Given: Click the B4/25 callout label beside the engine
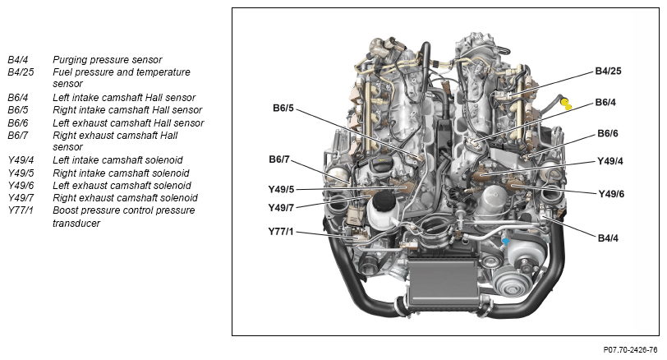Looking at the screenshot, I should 608,72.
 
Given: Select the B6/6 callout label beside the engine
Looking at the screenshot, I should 608,133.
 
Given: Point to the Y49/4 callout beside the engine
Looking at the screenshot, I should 610,160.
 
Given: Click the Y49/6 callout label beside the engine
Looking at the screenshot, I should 610,194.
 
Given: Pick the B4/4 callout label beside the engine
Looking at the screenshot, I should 608,238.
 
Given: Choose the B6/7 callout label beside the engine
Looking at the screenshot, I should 279,159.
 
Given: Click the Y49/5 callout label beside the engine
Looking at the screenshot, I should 281,190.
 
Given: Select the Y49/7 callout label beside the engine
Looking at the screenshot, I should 281,207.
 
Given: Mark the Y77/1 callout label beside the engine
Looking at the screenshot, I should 281,232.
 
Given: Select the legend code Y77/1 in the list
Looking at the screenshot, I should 21,210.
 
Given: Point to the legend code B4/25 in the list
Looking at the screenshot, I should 21,72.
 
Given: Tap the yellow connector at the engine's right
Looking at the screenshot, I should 567,104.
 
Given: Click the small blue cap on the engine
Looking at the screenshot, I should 507,242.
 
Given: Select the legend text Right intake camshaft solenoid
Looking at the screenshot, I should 121,173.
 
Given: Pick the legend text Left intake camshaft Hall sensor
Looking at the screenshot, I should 124,98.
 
